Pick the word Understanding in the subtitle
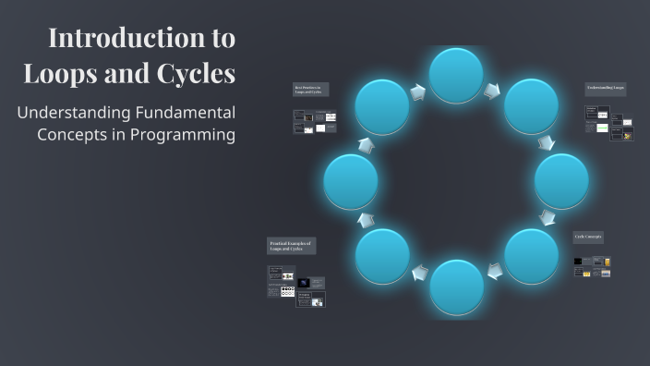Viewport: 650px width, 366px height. [69, 113]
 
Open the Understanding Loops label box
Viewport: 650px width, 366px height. [606, 89]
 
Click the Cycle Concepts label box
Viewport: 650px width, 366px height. [589, 237]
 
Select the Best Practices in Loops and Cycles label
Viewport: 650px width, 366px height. [310, 90]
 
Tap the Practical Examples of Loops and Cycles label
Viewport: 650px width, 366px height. [292, 246]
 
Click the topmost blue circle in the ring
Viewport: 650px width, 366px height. [456, 75]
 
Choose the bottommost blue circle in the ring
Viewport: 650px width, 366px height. [456, 287]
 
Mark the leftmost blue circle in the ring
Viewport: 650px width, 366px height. [351, 181]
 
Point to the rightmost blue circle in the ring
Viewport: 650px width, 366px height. [561, 181]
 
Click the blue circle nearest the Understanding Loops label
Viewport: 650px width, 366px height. [531, 106]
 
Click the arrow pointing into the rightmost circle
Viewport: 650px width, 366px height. [547, 143]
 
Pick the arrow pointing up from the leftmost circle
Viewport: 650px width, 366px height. [367, 145]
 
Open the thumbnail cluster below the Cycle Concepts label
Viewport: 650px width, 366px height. [592, 267]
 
